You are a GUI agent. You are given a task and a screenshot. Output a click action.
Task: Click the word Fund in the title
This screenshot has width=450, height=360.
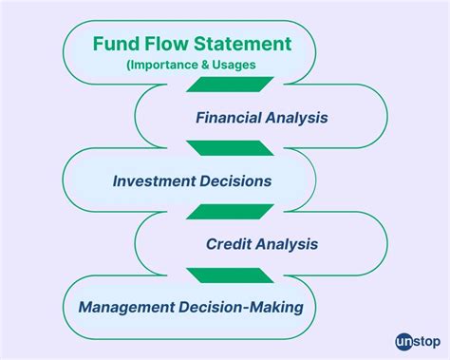coord(113,45)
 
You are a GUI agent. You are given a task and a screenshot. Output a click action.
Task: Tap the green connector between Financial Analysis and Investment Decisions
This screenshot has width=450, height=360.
coord(217,149)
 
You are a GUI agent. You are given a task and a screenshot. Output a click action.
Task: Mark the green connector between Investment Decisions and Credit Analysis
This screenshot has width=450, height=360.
coord(217,212)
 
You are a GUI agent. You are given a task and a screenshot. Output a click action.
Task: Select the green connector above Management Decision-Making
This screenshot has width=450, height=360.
coord(217,275)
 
